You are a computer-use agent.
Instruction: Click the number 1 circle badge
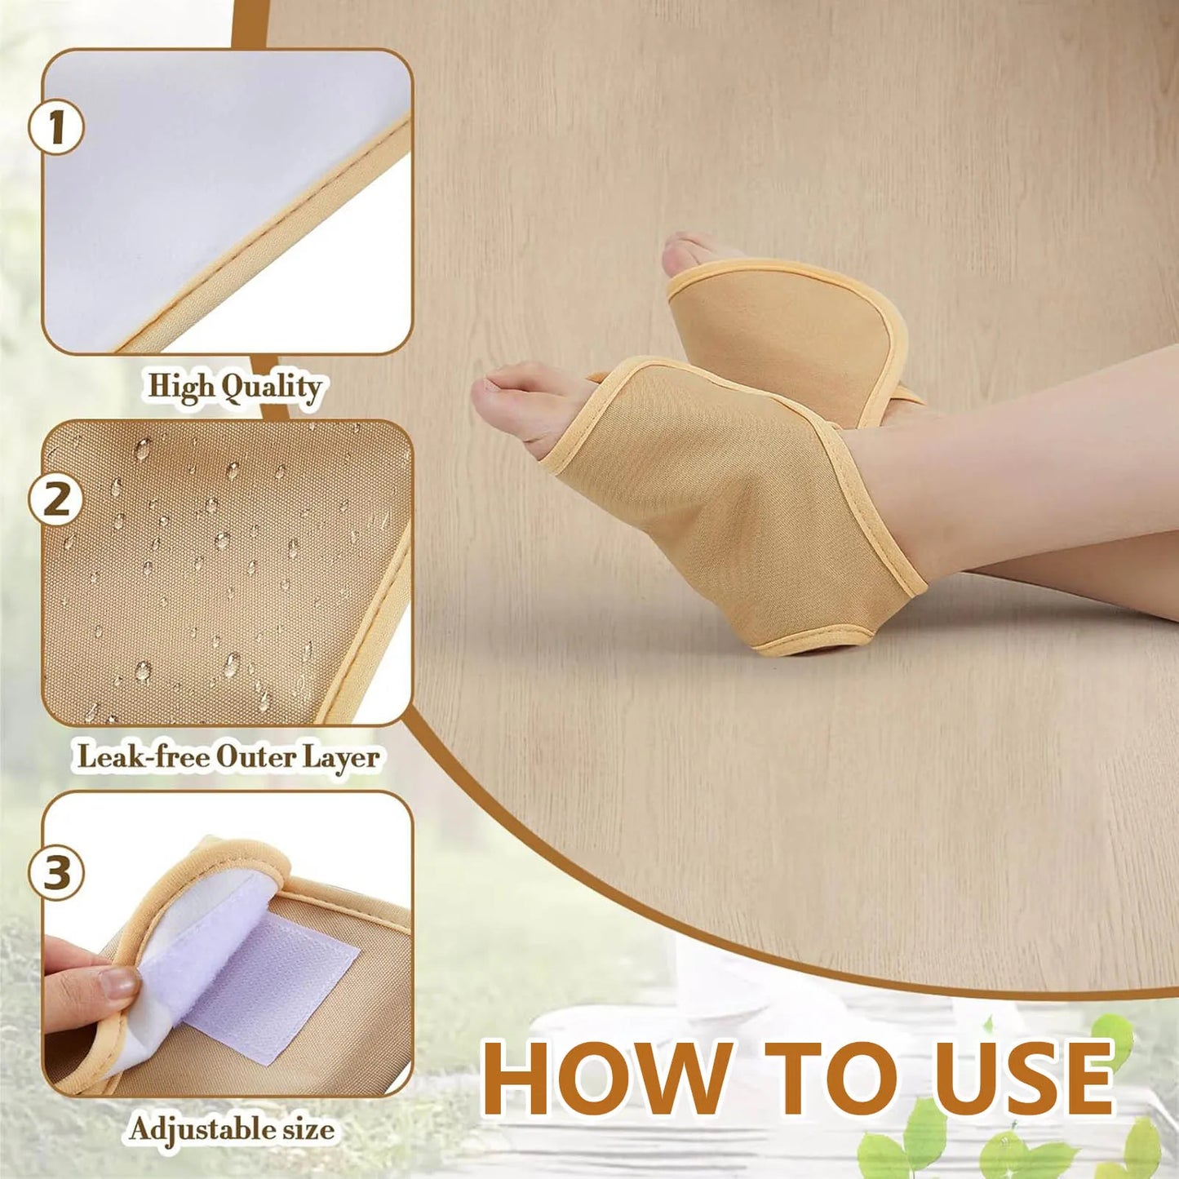point(56,127)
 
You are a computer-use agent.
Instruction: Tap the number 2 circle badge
point(56,499)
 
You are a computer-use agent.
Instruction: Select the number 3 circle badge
point(56,872)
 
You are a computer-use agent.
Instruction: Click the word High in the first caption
point(180,387)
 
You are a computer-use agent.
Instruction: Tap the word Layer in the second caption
point(341,758)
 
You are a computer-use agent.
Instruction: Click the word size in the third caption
point(308,1130)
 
